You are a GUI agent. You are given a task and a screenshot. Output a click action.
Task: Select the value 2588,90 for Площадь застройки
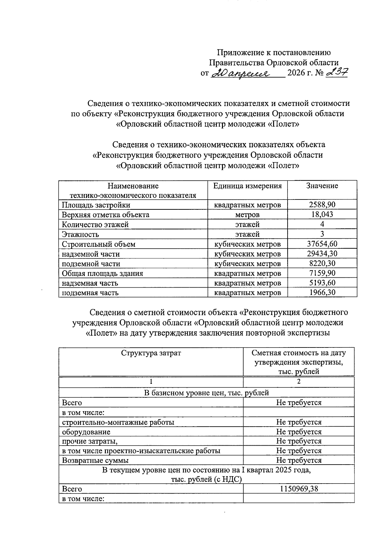coord(322,205)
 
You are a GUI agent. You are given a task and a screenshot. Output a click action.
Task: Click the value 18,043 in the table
coord(322,214)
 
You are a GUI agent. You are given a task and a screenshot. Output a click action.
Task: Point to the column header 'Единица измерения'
coord(247,186)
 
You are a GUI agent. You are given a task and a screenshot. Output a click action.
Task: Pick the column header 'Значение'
coord(322,186)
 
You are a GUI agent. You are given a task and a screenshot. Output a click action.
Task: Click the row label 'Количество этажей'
coord(95,224)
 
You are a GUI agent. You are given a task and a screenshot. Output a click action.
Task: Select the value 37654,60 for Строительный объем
coord(322,244)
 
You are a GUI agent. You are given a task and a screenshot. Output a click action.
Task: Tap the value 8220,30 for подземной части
coord(322,264)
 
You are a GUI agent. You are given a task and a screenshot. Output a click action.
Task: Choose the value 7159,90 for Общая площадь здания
coord(322,273)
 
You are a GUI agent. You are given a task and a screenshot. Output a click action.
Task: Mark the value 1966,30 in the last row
coord(322,292)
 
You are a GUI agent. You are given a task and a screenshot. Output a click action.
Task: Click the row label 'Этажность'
coord(80,234)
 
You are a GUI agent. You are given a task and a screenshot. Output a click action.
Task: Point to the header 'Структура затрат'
coord(151,353)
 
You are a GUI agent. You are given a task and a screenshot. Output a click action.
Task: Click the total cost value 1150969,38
coord(299,489)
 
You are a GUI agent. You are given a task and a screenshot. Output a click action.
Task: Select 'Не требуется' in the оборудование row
coord(299,432)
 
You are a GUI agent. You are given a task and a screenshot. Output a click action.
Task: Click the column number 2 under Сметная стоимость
coord(299,382)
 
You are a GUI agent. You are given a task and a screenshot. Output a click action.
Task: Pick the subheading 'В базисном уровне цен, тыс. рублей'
coord(206,393)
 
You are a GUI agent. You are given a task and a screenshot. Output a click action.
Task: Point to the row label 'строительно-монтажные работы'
coord(118,422)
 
